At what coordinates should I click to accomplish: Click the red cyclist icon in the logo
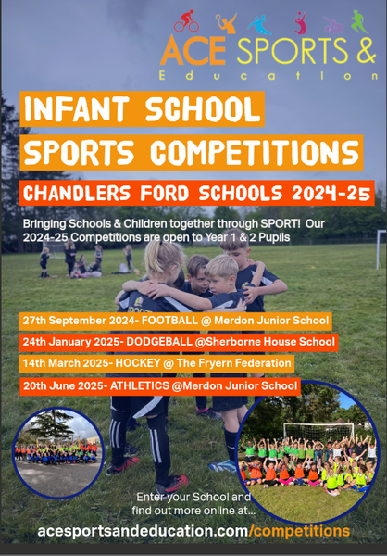coord(187,21)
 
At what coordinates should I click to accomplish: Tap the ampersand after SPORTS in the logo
coord(366,50)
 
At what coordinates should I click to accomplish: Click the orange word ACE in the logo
coord(193,50)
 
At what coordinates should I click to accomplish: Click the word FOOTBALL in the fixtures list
coord(169,321)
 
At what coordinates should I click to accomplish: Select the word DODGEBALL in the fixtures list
coord(159,342)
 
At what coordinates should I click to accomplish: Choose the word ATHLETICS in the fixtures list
coord(140,385)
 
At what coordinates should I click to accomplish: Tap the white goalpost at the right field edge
coord(380,249)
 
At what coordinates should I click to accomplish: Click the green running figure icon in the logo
coord(359,21)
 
